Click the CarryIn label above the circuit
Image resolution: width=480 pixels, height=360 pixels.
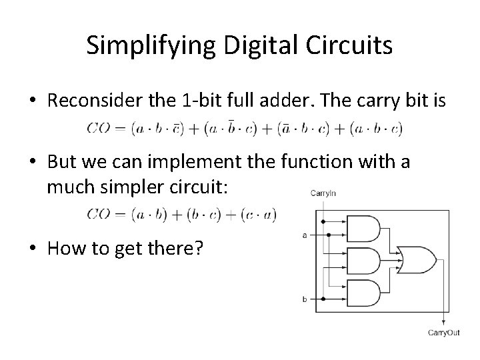tap(323, 193)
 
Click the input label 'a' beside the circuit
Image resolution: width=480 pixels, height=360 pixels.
tap(304, 234)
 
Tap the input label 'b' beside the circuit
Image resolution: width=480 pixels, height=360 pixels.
tap(304, 299)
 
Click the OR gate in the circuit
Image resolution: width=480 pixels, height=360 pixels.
tap(415, 259)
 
